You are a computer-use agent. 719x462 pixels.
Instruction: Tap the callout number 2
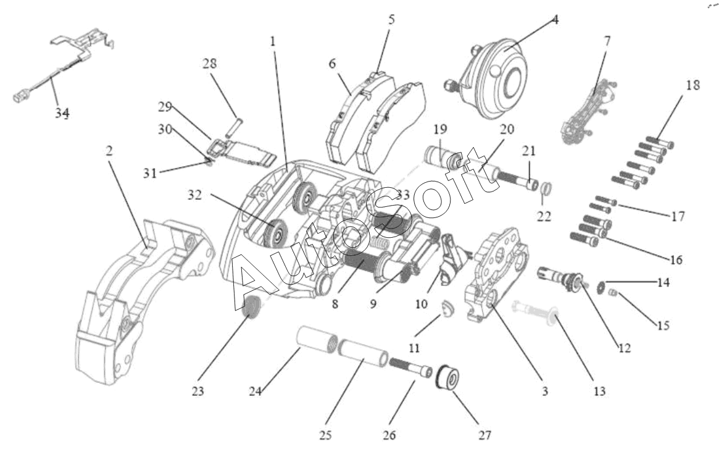[109, 151]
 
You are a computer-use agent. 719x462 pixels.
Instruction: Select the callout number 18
[693, 85]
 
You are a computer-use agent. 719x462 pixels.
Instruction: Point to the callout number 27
[484, 435]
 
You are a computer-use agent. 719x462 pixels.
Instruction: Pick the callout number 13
[599, 390]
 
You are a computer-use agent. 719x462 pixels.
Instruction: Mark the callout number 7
[607, 41]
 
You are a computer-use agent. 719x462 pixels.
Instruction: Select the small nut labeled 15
[614, 293]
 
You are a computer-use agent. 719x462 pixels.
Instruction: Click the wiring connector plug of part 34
[19, 97]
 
